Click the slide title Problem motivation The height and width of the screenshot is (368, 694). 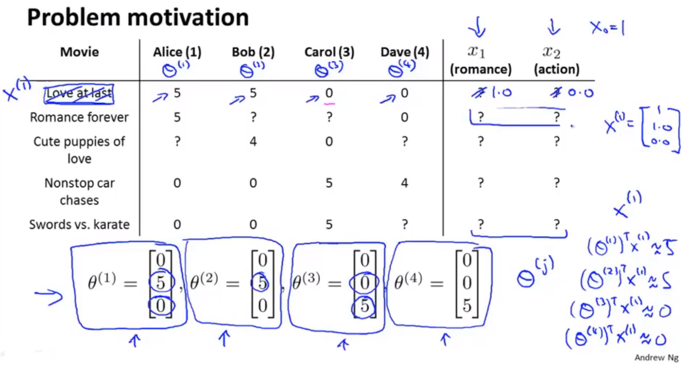[138, 18]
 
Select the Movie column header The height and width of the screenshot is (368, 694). [80, 52]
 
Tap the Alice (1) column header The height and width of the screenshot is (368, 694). [177, 52]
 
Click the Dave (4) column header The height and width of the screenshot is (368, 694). [405, 52]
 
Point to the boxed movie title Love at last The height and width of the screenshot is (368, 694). [79, 93]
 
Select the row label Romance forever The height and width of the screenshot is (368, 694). [80, 117]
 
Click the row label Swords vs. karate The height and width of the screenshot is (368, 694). [80, 224]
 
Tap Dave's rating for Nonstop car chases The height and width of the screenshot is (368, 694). [405, 183]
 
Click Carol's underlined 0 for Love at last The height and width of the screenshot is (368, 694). [329, 93]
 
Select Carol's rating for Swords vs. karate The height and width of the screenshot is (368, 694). [329, 224]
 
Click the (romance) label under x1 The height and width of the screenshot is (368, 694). [481, 69]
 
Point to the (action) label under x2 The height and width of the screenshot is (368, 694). [556, 69]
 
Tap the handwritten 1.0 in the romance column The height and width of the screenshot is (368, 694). [501, 92]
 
